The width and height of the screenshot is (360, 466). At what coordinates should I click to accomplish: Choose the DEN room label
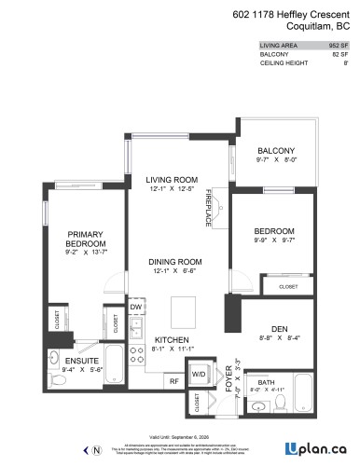coord(274,329)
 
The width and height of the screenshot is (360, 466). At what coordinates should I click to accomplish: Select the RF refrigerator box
coord(173,379)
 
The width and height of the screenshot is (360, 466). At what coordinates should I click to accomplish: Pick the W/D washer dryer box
coord(199,376)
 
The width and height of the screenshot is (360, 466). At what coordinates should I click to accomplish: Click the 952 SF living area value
coord(338,44)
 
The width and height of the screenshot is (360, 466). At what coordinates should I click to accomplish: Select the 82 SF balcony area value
coord(339,54)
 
